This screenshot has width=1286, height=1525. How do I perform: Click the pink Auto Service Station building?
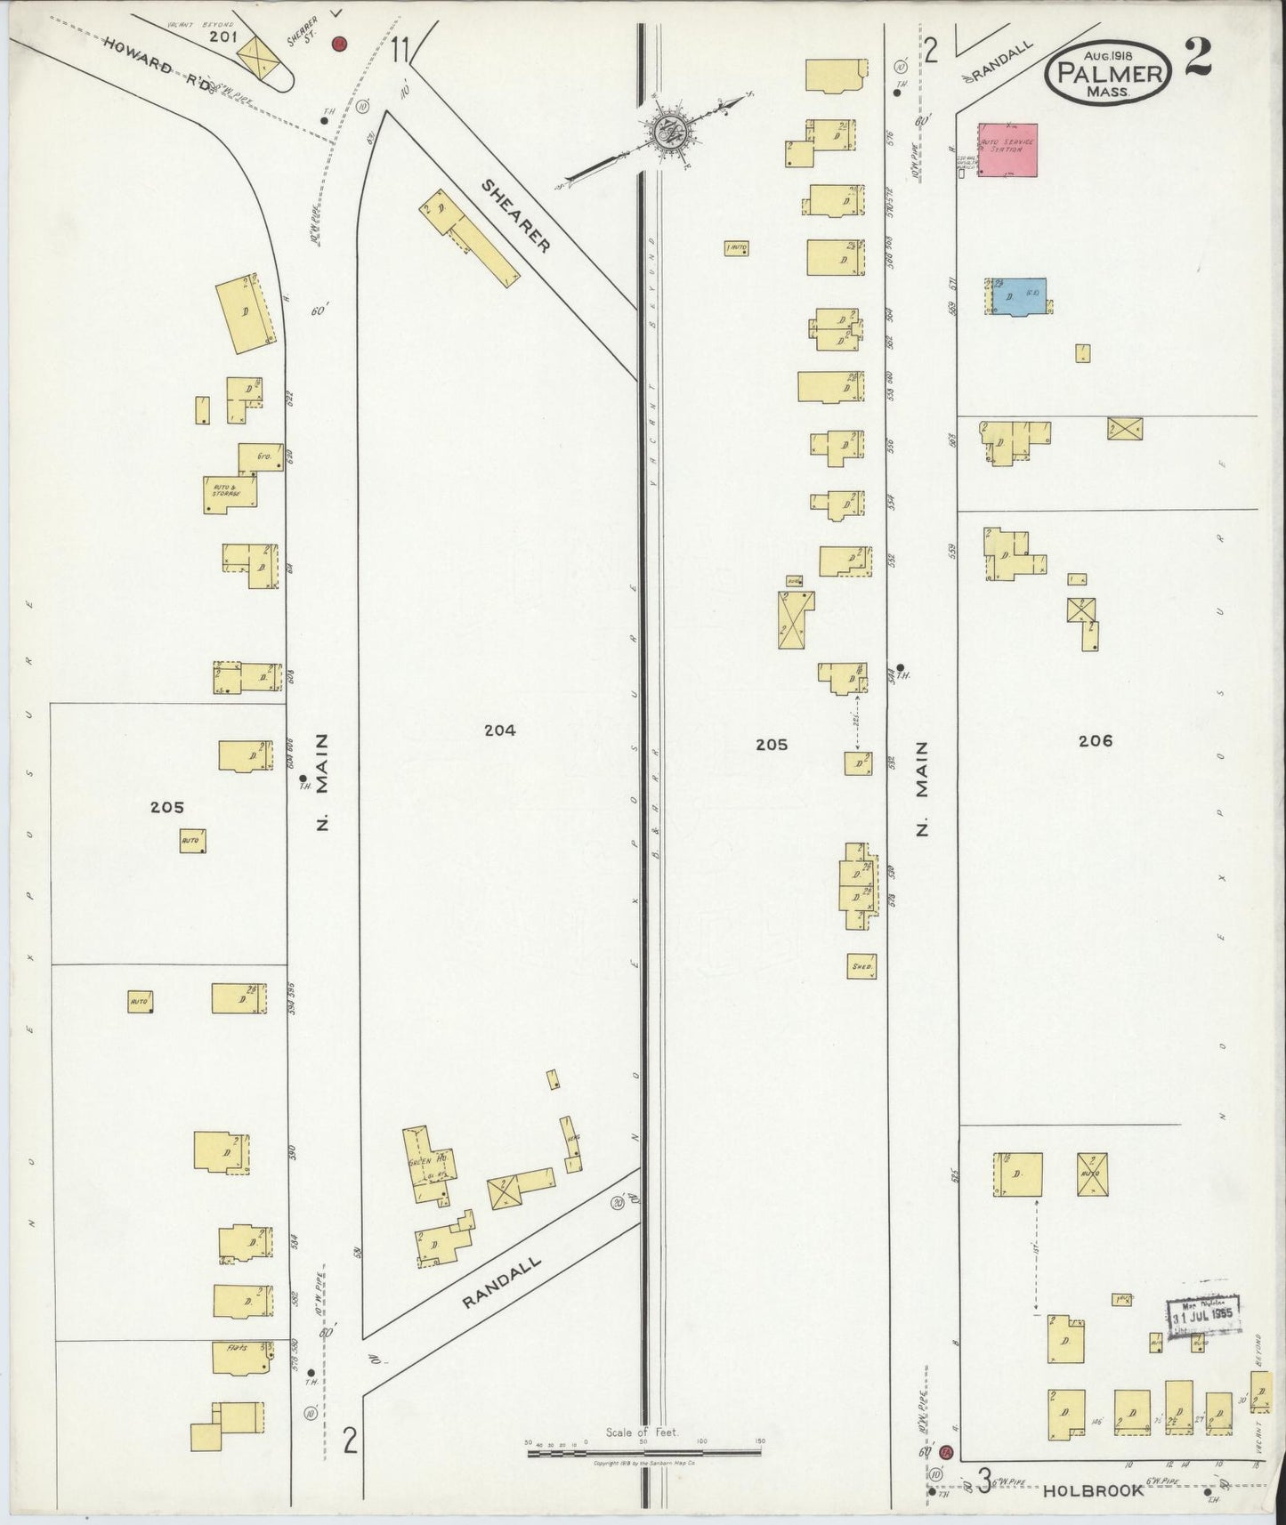tap(1008, 149)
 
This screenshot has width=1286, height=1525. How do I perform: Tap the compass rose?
tap(665, 133)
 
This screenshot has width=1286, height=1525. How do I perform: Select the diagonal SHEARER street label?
tap(517, 214)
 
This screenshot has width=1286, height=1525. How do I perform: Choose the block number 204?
tap(499, 730)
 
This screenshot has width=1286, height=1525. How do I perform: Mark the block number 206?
tap(1095, 740)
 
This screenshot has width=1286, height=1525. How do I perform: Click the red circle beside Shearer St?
tap(339, 44)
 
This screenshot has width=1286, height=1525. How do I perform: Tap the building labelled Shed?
tap(861, 966)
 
